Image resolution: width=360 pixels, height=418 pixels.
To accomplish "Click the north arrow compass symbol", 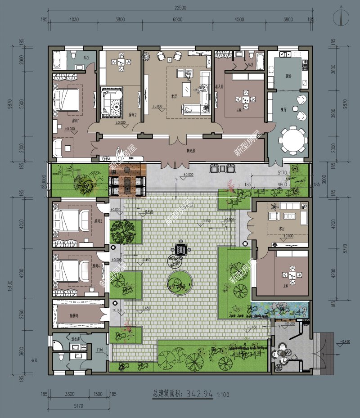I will coord(343,17).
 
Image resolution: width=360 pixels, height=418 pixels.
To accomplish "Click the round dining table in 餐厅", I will coord(292,141).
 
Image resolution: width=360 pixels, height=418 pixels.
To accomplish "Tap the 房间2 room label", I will coord(132,114).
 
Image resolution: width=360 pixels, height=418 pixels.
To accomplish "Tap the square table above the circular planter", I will coord(182,249).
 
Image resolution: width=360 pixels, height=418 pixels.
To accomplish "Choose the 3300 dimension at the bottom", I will coord(70,394).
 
